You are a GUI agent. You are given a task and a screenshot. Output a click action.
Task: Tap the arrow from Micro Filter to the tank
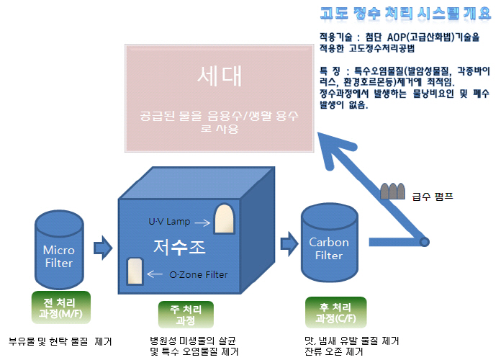point(104,248)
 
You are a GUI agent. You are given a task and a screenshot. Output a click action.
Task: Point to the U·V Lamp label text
point(169,221)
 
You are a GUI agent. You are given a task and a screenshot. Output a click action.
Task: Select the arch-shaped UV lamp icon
point(225,219)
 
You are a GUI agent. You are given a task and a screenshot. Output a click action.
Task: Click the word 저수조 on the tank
point(180,247)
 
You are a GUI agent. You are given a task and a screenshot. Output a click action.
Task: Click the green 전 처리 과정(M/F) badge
point(60,306)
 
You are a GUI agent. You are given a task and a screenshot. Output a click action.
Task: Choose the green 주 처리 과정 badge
point(181,315)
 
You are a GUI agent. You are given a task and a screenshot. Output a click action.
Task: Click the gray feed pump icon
point(393,191)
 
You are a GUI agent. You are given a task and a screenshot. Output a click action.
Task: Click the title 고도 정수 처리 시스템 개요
point(407,12)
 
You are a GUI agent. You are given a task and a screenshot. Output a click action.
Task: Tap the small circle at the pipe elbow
point(425,242)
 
